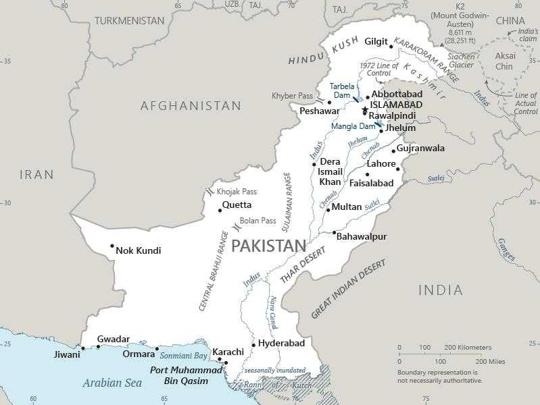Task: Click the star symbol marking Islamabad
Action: (365, 109)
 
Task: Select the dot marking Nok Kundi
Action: (112, 246)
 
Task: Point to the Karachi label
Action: (228, 352)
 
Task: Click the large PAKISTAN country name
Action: (264, 246)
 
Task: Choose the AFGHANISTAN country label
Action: (191, 106)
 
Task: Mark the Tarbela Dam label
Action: (341, 90)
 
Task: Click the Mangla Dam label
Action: (352, 126)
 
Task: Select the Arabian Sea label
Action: (112, 383)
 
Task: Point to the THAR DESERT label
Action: (303, 265)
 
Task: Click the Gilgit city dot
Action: (391, 47)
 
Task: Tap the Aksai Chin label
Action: (504, 61)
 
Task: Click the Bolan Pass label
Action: (257, 221)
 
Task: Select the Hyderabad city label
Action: (281, 344)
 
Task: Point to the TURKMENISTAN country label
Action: (129, 21)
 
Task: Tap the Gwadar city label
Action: (113, 339)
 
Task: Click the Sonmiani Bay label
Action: (183, 354)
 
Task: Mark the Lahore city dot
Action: (368, 174)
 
